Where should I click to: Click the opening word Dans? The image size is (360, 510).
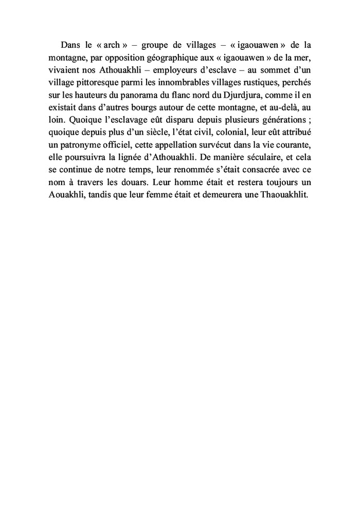(x=70, y=44)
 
